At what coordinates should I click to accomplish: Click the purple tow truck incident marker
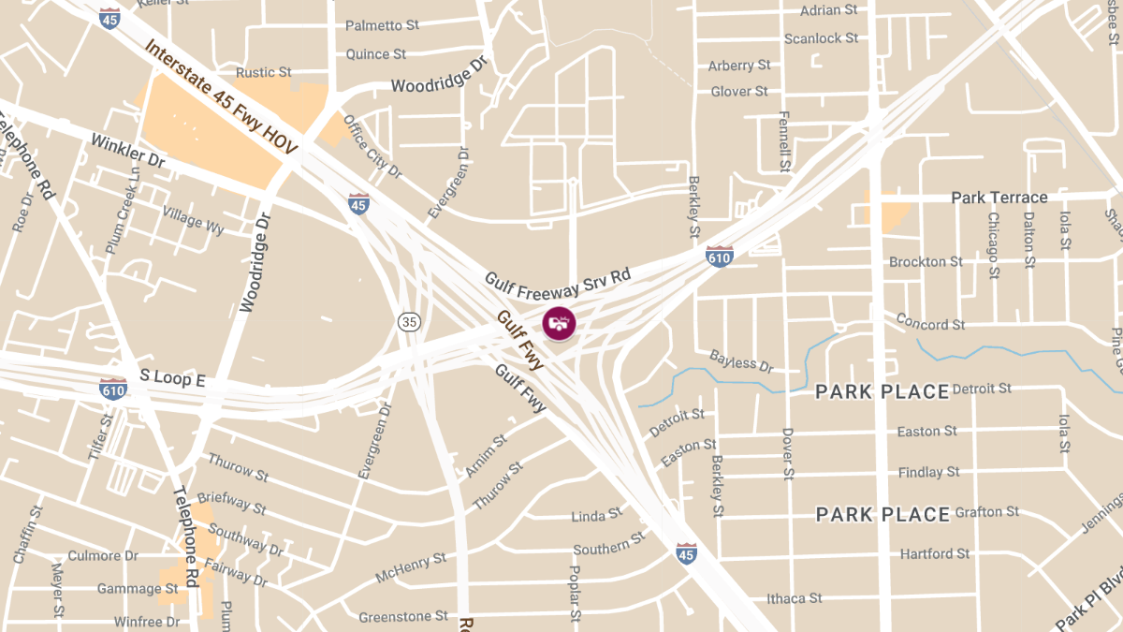[x=559, y=324]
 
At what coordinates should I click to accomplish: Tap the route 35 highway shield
[x=409, y=322]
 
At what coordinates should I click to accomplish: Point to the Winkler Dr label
[x=128, y=151]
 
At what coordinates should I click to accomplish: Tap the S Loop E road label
[x=172, y=378]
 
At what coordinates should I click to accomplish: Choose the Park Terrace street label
[x=999, y=198]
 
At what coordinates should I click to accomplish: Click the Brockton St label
[x=925, y=261]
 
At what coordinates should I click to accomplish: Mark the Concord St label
[x=930, y=323]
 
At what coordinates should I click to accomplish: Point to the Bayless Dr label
[x=741, y=360]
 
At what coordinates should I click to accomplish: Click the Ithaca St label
[x=794, y=597]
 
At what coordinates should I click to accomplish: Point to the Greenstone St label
[x=402, y=616]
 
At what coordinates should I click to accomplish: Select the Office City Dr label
[x=372, y=147]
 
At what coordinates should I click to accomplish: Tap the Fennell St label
[x=784, y=142]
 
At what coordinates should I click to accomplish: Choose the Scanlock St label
[x=821, y=38]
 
